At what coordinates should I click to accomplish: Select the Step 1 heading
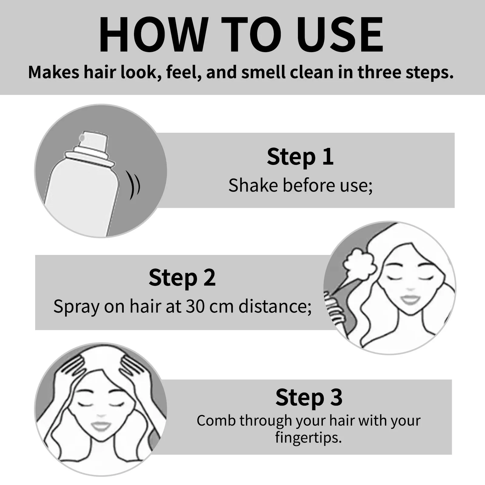pyautogui.click(x=300, y=157)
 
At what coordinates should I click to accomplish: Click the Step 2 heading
pyautogui.click(x=182, y=278)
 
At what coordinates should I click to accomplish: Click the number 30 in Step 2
pyautogui.click(x=196, y=306)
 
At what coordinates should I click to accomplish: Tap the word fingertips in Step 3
pyautogui.click(x=308, y=437)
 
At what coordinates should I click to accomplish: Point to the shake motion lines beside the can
pyautogui.click(x=133, y=185)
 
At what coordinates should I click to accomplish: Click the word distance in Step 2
pyautogui.click(x=275, y=306)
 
